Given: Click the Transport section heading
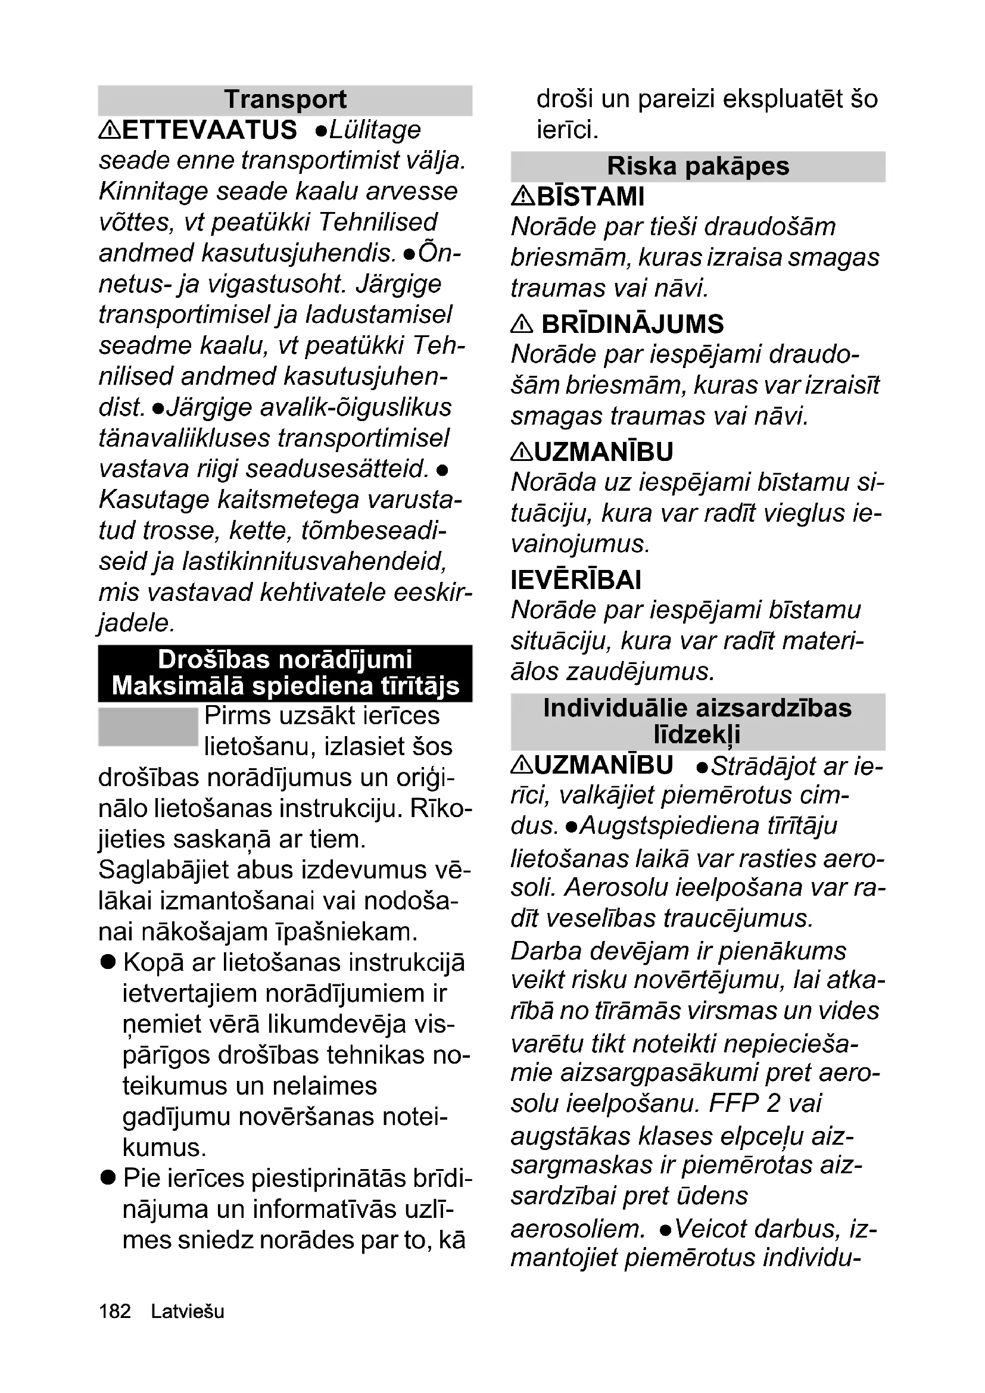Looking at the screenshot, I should [x=285, y=99].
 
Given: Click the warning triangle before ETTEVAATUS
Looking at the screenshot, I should [x=110, y=129].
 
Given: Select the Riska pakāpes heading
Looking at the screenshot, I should [x=697, y=166].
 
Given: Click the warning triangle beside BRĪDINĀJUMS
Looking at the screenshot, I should [x=522, y=324].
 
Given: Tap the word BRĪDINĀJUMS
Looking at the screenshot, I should [x=632, y=324].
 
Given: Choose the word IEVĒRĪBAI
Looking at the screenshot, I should [x=576, y=579].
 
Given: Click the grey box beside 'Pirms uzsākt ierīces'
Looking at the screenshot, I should [x=148, y=726].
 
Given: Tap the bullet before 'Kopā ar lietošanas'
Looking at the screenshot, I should [x=108, y=962].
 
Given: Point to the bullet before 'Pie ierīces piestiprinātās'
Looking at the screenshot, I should [x=108, y=1178].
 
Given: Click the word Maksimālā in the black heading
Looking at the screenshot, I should [x=177, y=685].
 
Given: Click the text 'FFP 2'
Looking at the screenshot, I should [x=744, y=1103].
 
